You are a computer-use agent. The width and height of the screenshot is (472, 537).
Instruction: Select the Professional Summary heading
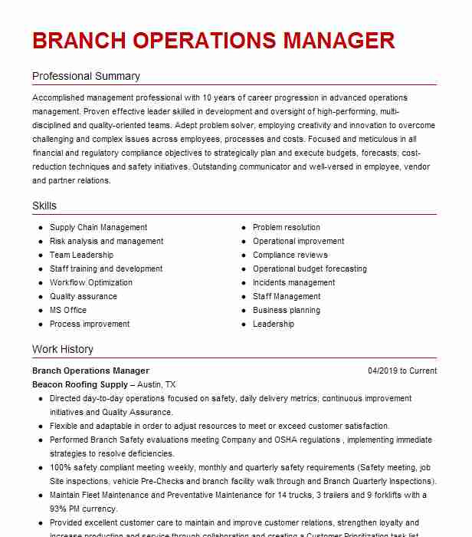[86, 77]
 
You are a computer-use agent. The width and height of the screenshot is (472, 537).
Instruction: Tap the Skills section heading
[44, 206]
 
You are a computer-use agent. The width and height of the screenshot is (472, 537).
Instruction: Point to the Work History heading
[63, 350]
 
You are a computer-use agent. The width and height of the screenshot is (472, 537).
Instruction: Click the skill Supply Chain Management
[98, 228]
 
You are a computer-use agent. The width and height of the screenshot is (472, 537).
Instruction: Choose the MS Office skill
[68, 311]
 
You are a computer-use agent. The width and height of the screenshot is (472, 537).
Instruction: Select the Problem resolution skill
[287, 228]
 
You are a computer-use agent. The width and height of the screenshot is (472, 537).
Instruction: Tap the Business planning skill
[287, 311]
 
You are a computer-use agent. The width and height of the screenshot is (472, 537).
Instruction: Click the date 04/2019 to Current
[402, 371]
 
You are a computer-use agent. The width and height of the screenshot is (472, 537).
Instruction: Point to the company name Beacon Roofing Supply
[80, 385]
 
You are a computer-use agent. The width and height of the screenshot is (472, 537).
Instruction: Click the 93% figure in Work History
[59, 509]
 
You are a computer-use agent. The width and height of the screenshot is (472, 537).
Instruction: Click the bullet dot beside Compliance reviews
[243, 255]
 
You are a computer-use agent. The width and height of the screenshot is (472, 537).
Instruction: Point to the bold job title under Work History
[90, 371]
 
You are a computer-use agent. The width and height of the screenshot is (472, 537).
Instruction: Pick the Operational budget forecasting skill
[310, 269]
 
